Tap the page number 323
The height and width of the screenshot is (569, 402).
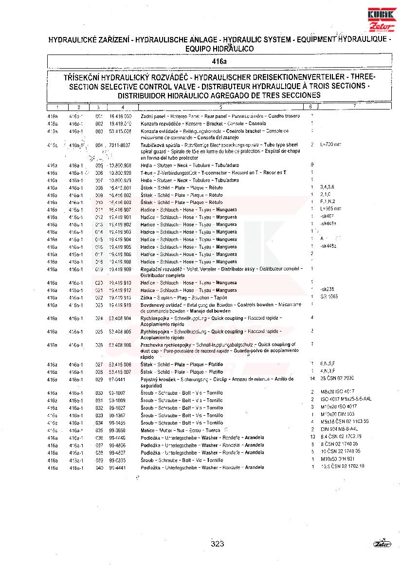click(x=218, y=544)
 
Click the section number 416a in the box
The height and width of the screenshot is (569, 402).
click(x=219, y=62)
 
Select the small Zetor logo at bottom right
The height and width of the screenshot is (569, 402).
click(x=382, y=544)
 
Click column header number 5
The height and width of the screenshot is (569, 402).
click(x=220, y=107)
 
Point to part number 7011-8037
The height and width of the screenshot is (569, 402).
click(x=120, y=145)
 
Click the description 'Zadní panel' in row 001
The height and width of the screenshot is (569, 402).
click(x=150, y=117)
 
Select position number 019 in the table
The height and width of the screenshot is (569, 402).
click(x=99, y=269)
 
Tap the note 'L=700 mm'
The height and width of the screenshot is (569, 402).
click(x=331, y=145)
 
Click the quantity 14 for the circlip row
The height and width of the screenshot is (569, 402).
click(x=312, y=379)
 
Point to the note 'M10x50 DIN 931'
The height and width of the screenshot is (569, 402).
click(x=336, y=459)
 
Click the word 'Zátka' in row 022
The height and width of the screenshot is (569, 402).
click(x=147, y=297)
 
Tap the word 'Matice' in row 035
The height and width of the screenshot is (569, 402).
click(x=148, y=430)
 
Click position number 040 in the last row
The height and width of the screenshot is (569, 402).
click(x=99, y=467)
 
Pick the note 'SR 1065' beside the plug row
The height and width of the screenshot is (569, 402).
click(x=329, y=296)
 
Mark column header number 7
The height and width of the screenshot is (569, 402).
click(x=355, y=107)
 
